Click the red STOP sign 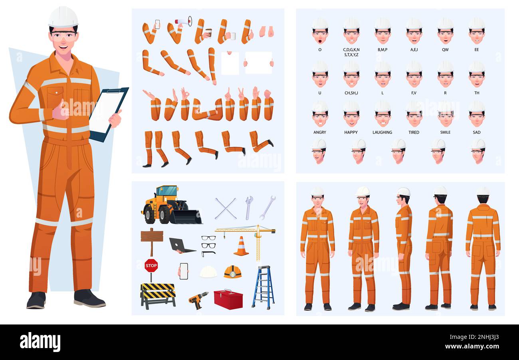[x=151, y=265]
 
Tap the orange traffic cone [x=241, y=246]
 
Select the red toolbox [x=228, y=300]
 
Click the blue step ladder [x=263, y=287]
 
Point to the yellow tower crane [x=252, y=235]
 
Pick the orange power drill [x=198, y=300]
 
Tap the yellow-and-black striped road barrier [x=158, y=295]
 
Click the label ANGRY [x=319, y=132]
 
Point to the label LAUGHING [x=382, y=132]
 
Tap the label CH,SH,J [x=351, y=93]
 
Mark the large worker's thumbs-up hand [x=60, y=111]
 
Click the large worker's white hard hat [x=63, y=18]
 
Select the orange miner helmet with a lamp [x=232, y=272]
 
